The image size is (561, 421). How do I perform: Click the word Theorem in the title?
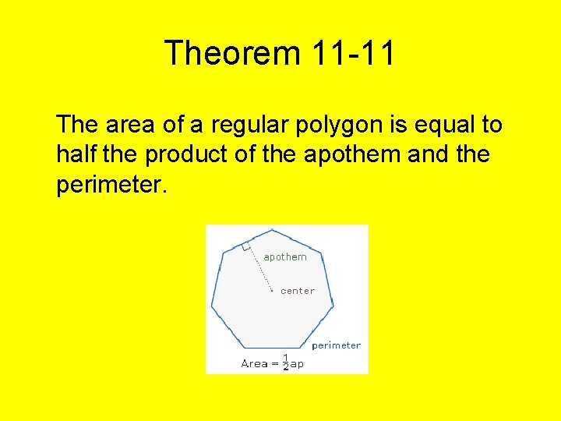tap(232, 54)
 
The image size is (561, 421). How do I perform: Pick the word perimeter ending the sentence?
tap(110, 186)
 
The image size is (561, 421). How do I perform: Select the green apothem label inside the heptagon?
tap(285, 257)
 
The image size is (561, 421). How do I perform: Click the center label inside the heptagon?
tap(298, 291)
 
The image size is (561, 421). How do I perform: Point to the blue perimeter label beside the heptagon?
tap(336, 345)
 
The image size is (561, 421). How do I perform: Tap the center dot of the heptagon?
tap(271, 291)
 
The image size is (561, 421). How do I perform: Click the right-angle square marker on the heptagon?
tap(246, 246)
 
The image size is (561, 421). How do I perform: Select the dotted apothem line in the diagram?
tap(259, 269)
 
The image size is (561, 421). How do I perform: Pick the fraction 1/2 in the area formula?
tap(285, 363)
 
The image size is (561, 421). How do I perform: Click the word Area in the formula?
tap(254, 363)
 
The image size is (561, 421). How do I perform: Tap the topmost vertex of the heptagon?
tap(270, 229)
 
